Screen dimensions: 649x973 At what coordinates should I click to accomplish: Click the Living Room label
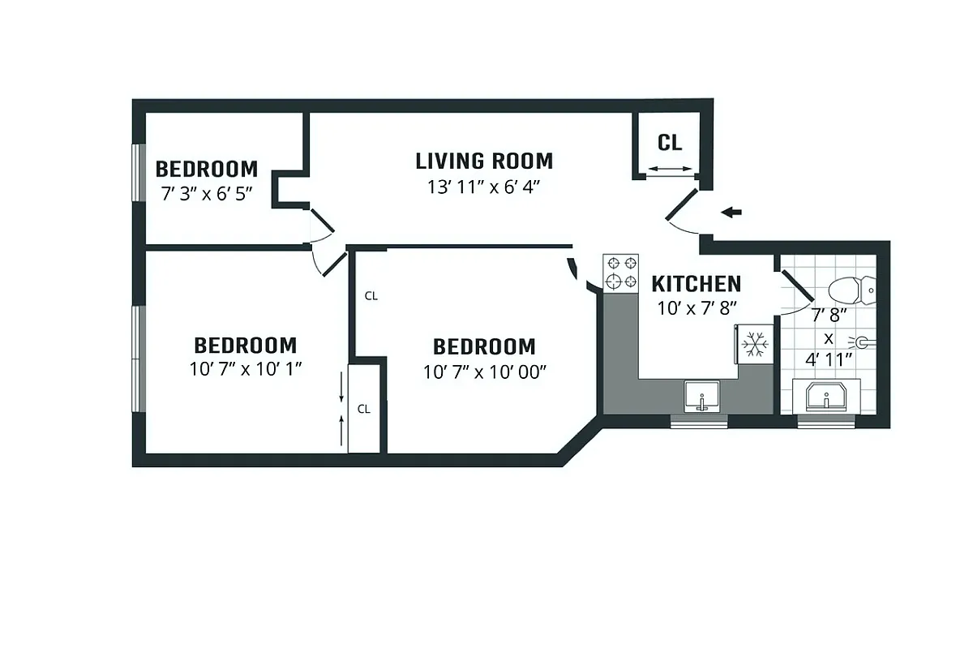pyautogui.click(x=484, y=161)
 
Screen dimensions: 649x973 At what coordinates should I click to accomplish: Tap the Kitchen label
pyautogui.click(x=696, y=284)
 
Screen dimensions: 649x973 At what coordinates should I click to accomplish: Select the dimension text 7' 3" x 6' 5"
pyautogui.click(x=206, y=194)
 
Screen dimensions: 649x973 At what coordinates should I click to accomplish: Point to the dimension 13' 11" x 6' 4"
pyautogui.click(x=484, y=187)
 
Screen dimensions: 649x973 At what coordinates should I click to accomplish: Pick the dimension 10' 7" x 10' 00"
pyautogui.click(x=485, y=372)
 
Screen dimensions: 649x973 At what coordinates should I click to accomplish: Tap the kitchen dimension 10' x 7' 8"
pyautogui.click(x=696, y=308)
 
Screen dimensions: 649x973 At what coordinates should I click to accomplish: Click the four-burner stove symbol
pyautogui.click(x=620, y=273)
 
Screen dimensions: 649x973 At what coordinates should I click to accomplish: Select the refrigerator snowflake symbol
pyautogui.click(x=755, y=345)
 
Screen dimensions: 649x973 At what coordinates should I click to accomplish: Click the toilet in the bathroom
pyautogui.click(x=851, y=288)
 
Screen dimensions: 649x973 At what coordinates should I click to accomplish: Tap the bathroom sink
pyautogui.click(x=826, y=398)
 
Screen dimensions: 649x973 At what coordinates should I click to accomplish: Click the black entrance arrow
pyautogui.click(x=732, y=213)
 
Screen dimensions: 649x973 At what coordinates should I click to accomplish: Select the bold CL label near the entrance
pyautogui.click(x=670, y=143)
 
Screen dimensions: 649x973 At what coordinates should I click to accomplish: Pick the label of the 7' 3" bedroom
pyautogui.click(x=206, y=170)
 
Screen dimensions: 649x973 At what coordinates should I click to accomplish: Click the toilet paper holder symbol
pyautogui.click(x=862, y=344)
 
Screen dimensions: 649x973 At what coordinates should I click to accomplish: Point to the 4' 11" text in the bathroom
pyautogui.click(x=829, y=359)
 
